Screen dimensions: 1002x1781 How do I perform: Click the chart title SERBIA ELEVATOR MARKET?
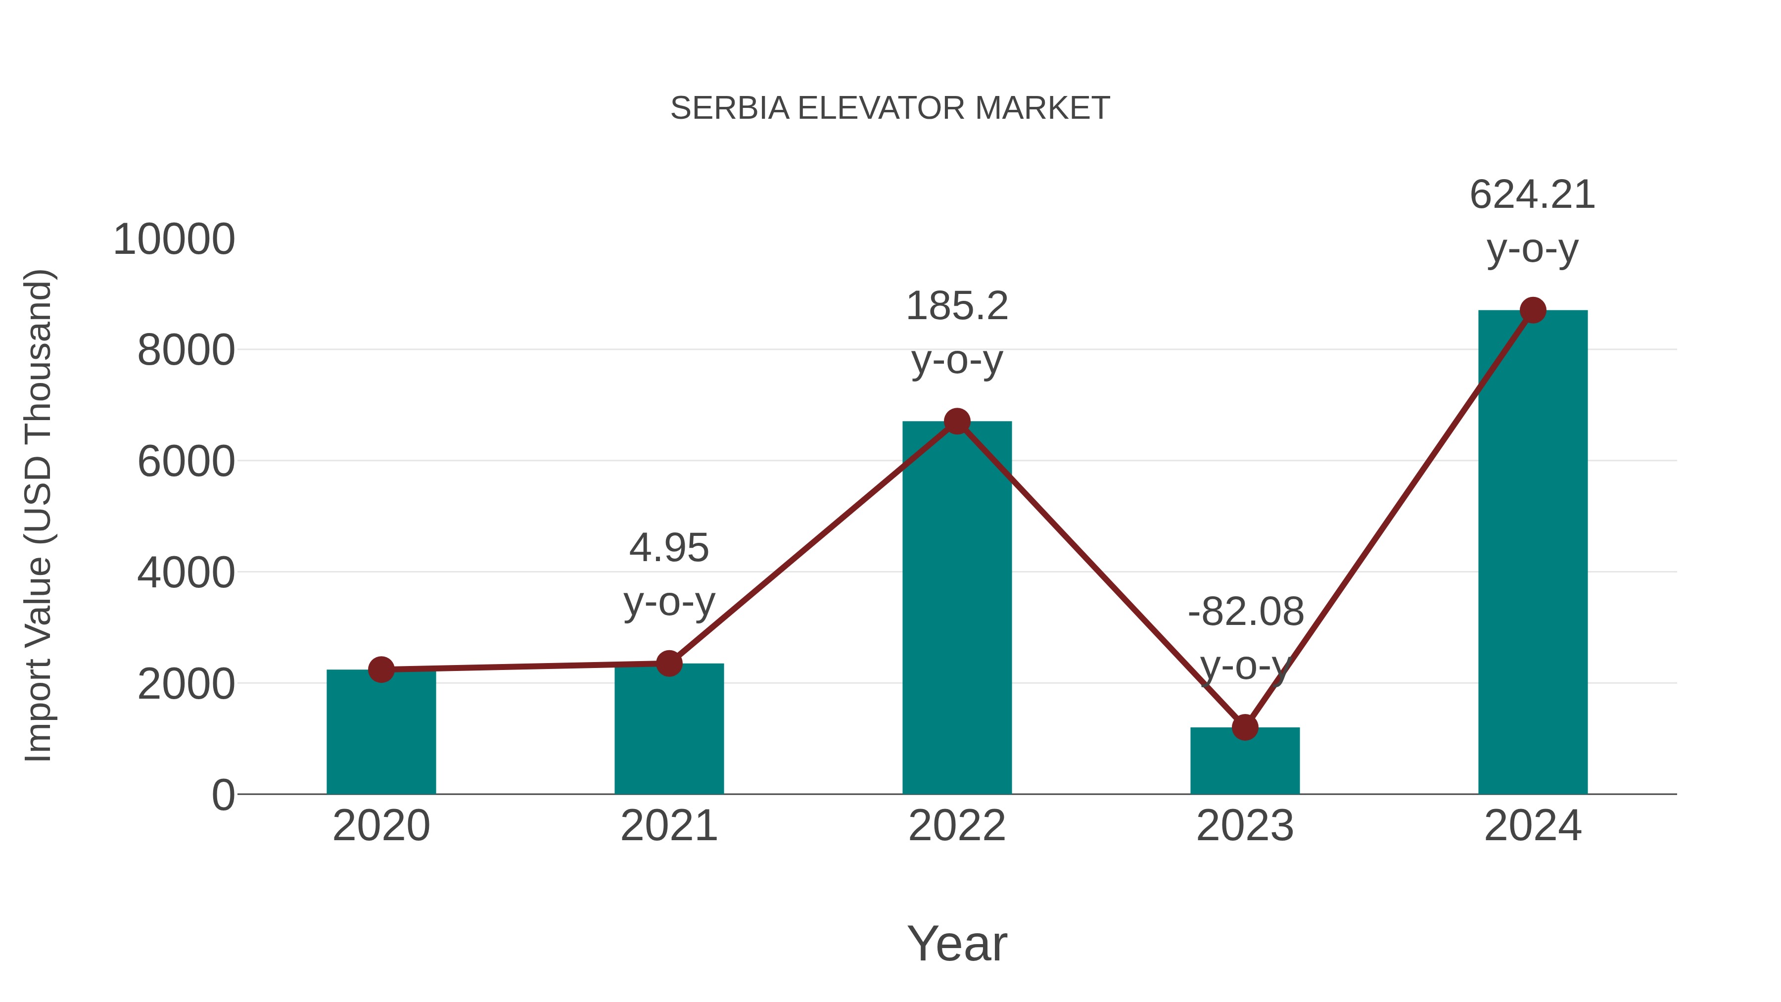point(890,108)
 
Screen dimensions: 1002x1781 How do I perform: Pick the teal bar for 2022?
point(957,609)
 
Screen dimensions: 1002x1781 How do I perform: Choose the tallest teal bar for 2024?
point(1533,553)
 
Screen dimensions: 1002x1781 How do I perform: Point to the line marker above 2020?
point(381,669)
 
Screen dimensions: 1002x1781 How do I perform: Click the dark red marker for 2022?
point(957,421)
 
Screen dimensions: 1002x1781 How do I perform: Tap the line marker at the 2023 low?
point(1245,727)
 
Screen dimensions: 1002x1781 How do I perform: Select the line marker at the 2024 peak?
point(1533,310)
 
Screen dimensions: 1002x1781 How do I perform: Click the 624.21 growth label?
point(1532,195)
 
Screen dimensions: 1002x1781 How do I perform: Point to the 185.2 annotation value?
point(957,306)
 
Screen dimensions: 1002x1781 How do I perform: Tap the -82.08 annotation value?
point(1245,612)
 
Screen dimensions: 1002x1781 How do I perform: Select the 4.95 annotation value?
point(668,548)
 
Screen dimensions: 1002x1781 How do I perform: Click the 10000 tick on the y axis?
point(174,240)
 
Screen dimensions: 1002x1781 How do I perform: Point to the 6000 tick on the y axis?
point(186,462)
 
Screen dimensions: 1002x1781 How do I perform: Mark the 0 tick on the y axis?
point(223,795)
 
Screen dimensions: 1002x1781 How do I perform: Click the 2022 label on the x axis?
point(957,826)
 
